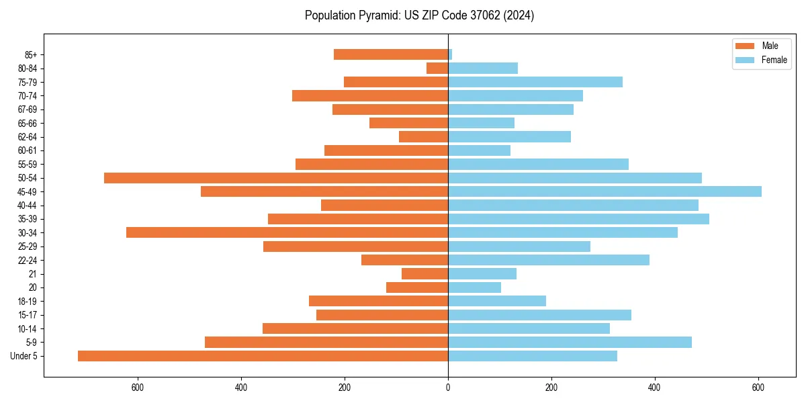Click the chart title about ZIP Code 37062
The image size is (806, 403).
(419, 15)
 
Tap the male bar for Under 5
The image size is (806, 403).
(263, 356)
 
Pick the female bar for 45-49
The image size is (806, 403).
(604, 191)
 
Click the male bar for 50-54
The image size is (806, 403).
(276, 178)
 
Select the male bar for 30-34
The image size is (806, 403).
(287, 232)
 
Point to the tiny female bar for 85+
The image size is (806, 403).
(450, 54)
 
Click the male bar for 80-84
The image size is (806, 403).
(437, 68)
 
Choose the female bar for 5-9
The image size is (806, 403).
(570, 342)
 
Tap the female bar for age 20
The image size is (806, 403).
(474, 287)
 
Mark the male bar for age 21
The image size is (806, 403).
(424, 273)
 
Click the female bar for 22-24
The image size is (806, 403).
(549, 260)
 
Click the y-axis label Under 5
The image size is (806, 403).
(24, 356)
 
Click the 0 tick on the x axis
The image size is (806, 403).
(448, 387)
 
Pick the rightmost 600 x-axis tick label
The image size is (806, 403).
(758, 387)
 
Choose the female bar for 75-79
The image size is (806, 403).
(535, 82)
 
